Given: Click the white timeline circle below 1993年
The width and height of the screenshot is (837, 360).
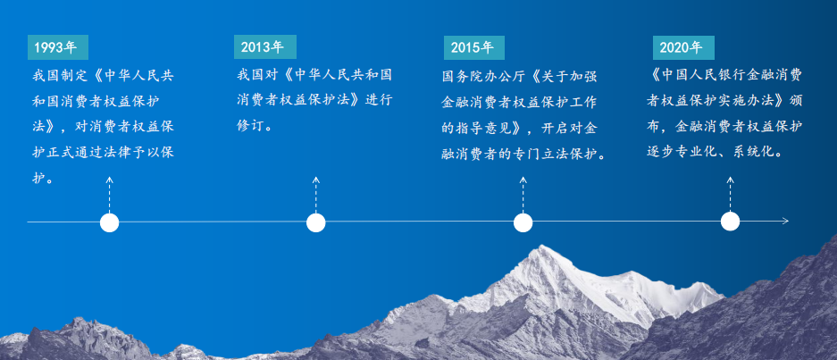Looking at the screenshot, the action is [110, 222].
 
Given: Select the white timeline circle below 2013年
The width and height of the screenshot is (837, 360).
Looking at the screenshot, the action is [316, 222].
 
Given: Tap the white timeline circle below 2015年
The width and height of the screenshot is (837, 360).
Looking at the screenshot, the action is [523, 222].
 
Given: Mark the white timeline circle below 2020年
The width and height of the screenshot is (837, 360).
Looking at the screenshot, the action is [730, 222].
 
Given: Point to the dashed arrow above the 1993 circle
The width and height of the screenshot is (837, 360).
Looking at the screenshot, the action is [110, 195].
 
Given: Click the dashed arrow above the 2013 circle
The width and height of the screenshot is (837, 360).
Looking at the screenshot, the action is [316, 195].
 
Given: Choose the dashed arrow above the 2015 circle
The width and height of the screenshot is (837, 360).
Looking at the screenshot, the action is [523, 195].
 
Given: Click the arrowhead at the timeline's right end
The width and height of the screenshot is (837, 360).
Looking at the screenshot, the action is [786, 221].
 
